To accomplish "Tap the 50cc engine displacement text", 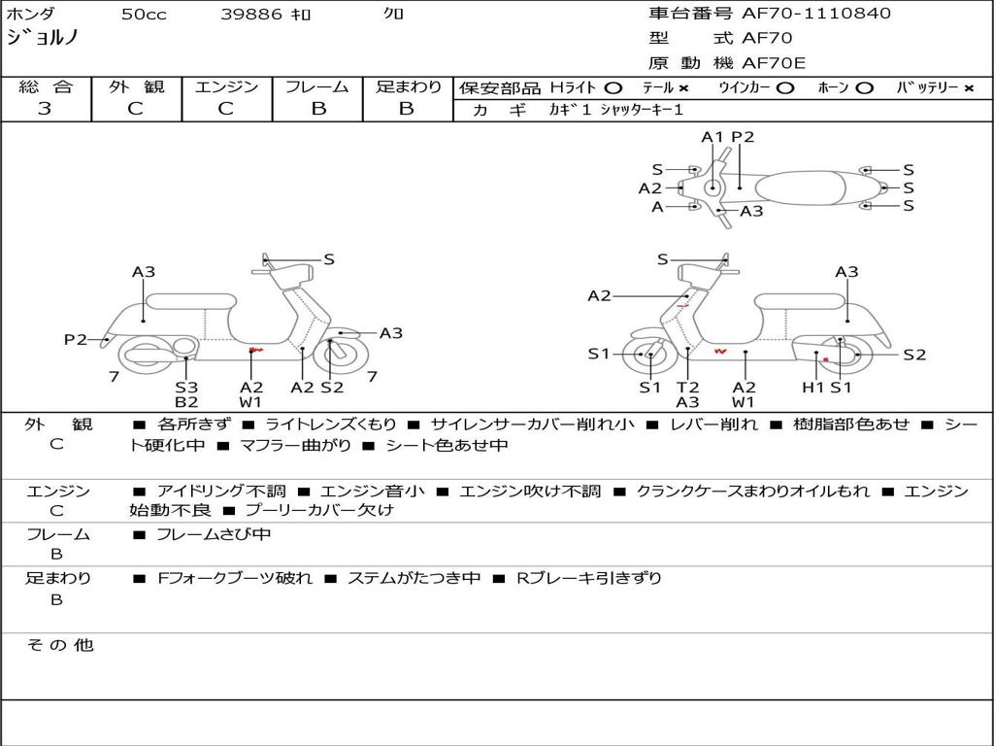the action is pyautogui.click(x=144, y=15).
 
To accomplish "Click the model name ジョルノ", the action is pyautogui.click(x=43, y=38).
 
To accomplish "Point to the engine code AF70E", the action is pyautogui.click(x=774, y=63).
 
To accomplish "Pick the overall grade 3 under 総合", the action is pyautogui.click(x=45, y=109).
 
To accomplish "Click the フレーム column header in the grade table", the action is pyautogui.click(x=318, y=86).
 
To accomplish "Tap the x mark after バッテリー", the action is pyautogui.click(x=969, y=87).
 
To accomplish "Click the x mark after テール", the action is pyautogui.click(x=684, y=87).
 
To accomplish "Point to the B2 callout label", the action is pyautogui.click(x=186, y=401).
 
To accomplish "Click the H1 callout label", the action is pyautogui.click(x=812, y=388).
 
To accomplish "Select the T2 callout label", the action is pyautogui.click(x=687, y=388).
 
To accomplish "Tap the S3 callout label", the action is pyautogui.click(x=186, y=388).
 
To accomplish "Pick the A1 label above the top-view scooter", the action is pyautogui.click(x=713, y=137).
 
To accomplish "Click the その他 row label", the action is pyautogui.click(x=59, y=645).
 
